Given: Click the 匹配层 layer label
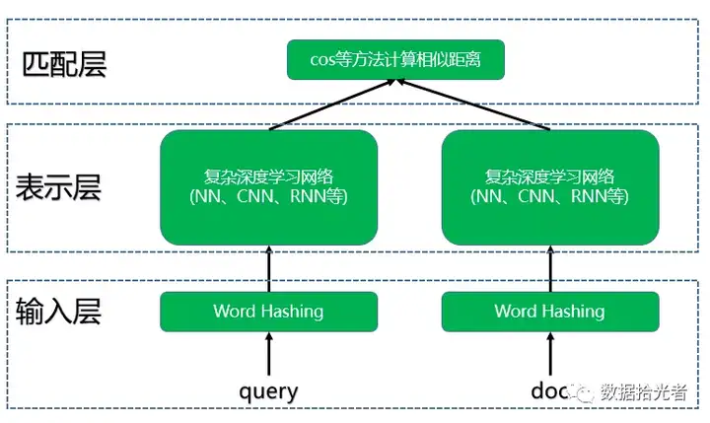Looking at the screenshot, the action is coord(64,64).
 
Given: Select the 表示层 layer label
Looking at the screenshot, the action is coord(58,187).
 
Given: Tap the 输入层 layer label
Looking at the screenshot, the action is coord(58,311).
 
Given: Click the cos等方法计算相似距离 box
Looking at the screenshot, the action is coord(395,59).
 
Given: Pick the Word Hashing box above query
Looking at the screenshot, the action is coord(269,312).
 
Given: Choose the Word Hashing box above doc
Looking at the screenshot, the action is coord(550,312).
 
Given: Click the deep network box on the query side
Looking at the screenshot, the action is coord(269,187).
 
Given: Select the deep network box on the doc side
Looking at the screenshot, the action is coord(550,187).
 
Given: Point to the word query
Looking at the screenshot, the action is coord(268,391).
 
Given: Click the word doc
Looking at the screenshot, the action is coord(549,390).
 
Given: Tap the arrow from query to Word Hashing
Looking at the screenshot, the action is coord(269,354).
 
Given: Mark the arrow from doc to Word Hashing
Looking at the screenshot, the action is coord(550,354).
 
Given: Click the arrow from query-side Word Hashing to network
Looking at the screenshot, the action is coord(269,268).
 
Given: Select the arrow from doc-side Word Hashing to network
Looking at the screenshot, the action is coord(550,268).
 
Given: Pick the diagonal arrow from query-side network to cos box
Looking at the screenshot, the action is coord(332,105).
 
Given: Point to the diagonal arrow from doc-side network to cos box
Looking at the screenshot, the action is coord(473,105).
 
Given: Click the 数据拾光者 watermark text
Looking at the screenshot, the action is coord(644,391).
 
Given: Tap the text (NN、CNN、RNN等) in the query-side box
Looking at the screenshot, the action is coord(269,196).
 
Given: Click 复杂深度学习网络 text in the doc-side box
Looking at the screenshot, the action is coord(549,176).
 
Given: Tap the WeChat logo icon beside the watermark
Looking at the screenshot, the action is coord(582,392).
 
